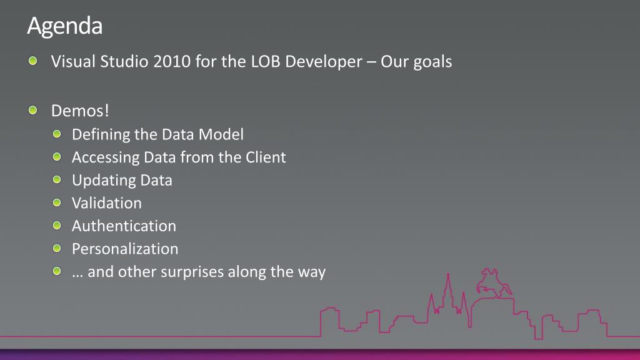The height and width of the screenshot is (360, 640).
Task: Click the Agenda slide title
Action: [x=64, y=27]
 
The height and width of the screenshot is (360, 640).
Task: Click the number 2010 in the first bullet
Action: [x=172, y=62]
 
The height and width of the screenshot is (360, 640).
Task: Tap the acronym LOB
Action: [x=265, y=62]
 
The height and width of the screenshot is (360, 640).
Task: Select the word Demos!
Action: [x=80, y=111]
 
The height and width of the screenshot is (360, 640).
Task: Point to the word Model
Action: [x=221, y=134]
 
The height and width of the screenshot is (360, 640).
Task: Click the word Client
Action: [x=266, y=157]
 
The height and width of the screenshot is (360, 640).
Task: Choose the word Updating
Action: [x=104, y=181]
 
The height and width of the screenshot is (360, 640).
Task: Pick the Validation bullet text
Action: [x=107, y=203]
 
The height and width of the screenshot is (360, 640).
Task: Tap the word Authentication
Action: [x=124, y=226]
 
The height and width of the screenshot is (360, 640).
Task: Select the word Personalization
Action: [x=125, y=249]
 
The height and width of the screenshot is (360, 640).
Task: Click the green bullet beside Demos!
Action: [x=33, y=110]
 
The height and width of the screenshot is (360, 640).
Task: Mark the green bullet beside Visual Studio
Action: [x=33, y=61]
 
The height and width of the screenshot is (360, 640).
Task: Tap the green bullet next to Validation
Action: [x=57, y=202]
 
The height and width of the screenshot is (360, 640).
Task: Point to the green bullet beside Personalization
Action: [x=57, y=248]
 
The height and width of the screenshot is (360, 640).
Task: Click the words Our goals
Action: [x=416, y=62]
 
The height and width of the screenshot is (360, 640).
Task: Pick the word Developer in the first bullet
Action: [x=324, y=62]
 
